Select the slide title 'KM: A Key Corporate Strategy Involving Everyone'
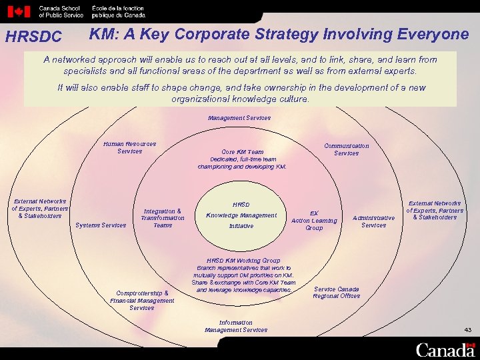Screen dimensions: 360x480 tap(279, 34)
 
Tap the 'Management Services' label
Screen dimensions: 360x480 tap(239, 118)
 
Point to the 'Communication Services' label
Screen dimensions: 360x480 tap(346, 149)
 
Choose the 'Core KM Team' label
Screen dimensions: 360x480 tap(242, 152)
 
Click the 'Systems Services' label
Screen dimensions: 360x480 tap(101, 225)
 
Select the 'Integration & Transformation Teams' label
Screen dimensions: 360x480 tap(163, 218)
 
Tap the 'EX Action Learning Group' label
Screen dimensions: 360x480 tap(314, 221)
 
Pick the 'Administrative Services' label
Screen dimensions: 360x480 tap(373, 221)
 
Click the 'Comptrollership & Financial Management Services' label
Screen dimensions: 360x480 tap(142, 300)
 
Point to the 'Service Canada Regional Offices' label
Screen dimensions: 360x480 tap(337, 293)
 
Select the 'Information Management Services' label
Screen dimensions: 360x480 tap(236, 326)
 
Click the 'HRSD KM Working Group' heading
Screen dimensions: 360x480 tap(243, 261)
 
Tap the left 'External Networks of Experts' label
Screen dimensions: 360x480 tap(40, 208)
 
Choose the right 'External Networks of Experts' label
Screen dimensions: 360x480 tap(435, 210)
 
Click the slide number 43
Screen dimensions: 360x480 tap(467, 330)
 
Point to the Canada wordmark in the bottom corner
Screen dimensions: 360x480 tap(445, 349)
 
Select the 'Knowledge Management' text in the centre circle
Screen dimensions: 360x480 tap(241, 215)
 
